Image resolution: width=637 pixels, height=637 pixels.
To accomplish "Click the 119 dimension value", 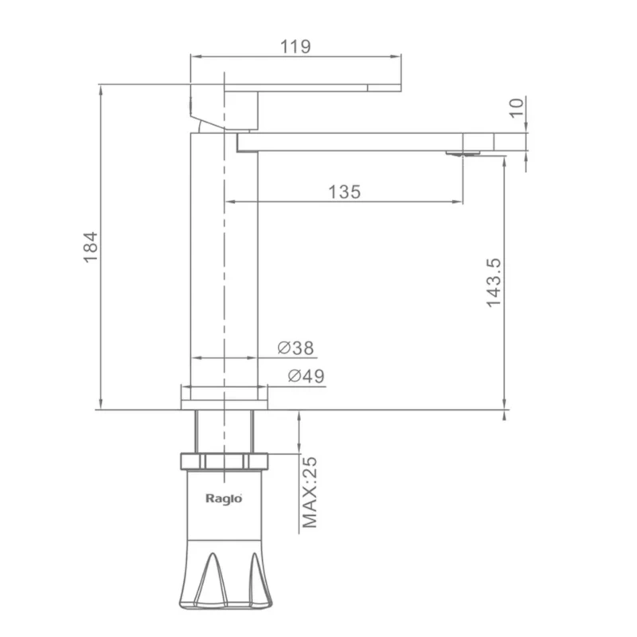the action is click(295, 46).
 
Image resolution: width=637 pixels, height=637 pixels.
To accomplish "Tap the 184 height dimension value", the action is click(91, 248).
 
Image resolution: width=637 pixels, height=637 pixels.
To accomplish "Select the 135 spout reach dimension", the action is click(345, 192).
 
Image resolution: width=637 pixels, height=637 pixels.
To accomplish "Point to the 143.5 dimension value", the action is click(494, 283).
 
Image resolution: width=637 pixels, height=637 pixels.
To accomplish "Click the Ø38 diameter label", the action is click(295, 348).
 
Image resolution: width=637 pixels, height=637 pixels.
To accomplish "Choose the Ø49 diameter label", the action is click(307, 376).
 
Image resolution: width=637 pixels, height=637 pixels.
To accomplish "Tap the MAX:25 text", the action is click(310, 492).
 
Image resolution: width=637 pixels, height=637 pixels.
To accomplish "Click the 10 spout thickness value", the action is click(516, 108).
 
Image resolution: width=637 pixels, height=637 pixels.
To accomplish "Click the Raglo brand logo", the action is click(224, 499).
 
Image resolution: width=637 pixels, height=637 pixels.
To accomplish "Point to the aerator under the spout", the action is click(463, 153).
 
